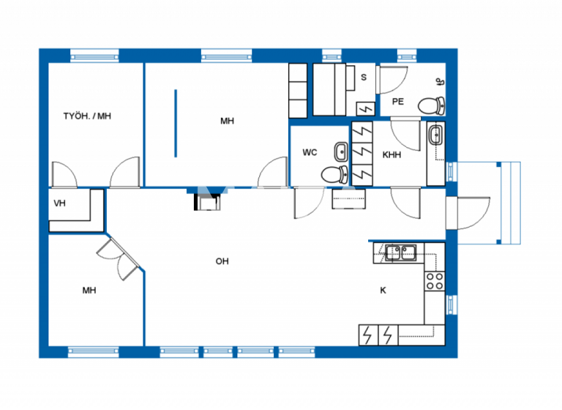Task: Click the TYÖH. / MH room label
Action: [x=86, y=116]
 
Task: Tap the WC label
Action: [x=310, y=152]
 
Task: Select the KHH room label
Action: [x=391, y=154]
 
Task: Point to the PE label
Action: [x=397, y=102]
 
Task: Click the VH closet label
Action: [x=60, y=204]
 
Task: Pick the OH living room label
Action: [x=221, y=261]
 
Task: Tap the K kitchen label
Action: [x=382, y=290]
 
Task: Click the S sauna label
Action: [x=364, y=76]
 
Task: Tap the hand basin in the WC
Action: [x=341, y=152]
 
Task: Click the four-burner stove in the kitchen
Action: [x=434, y=281]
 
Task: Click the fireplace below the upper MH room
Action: [x=207, y=199]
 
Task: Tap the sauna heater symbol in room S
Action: [x=366, y=108]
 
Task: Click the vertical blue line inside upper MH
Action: [x=176, y=122]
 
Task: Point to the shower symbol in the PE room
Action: [x=439, y=81]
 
